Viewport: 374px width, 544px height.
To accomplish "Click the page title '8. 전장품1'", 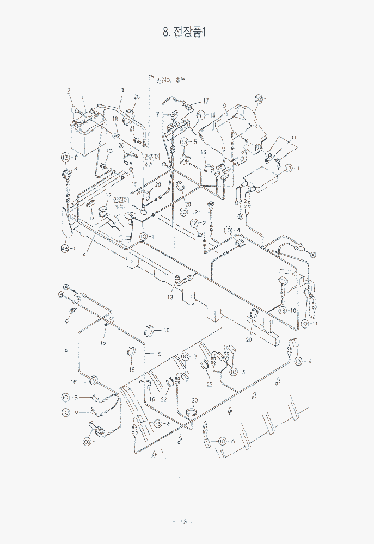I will tap(185, 32).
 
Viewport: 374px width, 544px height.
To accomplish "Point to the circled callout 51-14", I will tap(205, 115).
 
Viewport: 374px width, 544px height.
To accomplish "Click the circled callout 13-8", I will tap(70, 158).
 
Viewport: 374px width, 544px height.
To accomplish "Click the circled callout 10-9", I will tap(70, 412).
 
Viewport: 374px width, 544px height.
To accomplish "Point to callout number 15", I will tap(103, 343).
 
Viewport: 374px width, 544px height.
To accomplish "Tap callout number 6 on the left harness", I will tap(66, 350).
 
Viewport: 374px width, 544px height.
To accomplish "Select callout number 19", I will tap(133, 184).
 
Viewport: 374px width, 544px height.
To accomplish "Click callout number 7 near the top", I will tap(157, 114).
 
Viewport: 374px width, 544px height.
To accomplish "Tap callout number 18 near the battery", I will tap(115, 119).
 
